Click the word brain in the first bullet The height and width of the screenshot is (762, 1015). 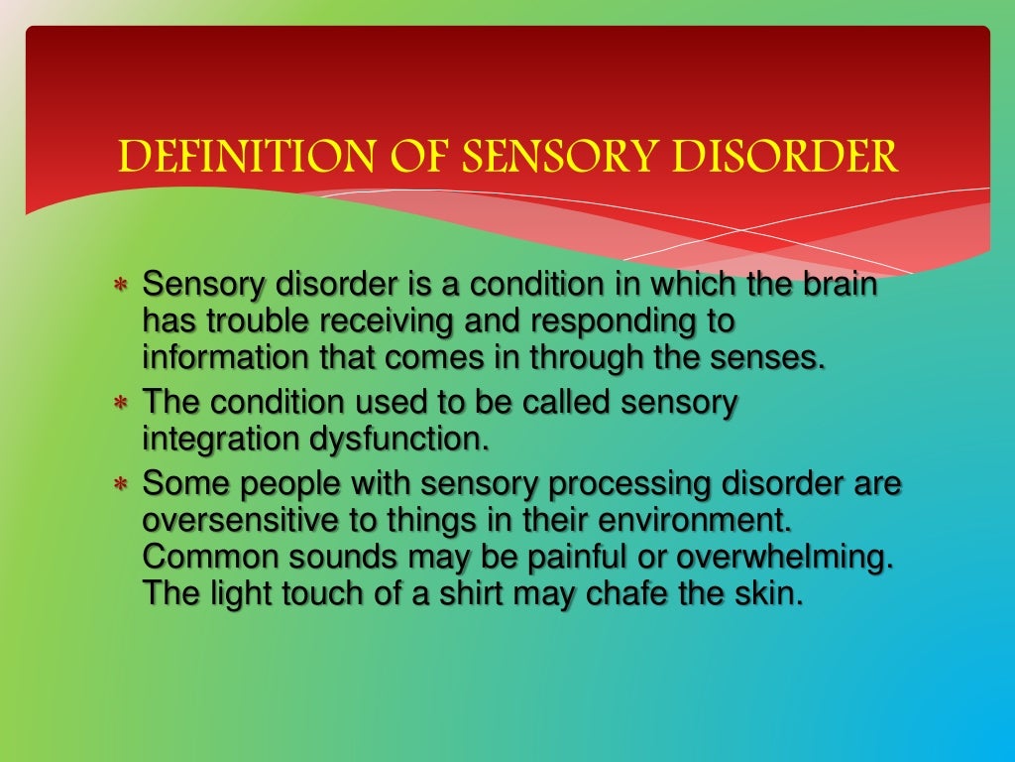(x=838, y=285)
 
